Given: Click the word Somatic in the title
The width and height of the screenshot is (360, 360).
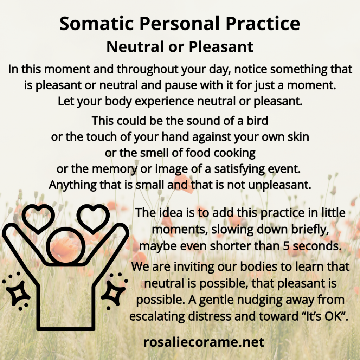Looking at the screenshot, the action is [96, 23].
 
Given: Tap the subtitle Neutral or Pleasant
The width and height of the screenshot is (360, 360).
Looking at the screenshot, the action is [180, 47].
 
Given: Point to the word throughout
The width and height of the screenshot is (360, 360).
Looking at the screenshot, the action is [148, 69].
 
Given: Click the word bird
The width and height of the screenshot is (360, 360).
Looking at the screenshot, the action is [257, 120].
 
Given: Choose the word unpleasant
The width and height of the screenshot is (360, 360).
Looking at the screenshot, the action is [279, 185].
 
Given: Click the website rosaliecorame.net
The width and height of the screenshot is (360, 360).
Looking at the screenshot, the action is [204, 342].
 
